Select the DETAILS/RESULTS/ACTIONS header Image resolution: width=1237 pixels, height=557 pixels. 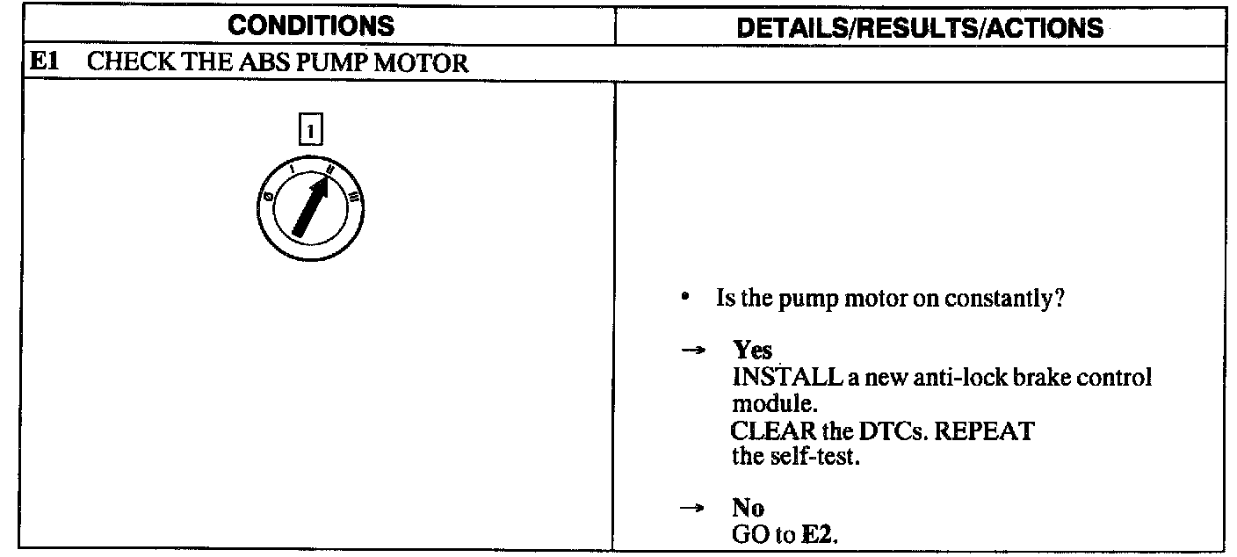click(920, 27)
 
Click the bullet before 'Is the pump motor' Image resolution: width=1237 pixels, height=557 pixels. click(684, 298)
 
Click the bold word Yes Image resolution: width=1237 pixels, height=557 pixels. click(753, 351)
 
